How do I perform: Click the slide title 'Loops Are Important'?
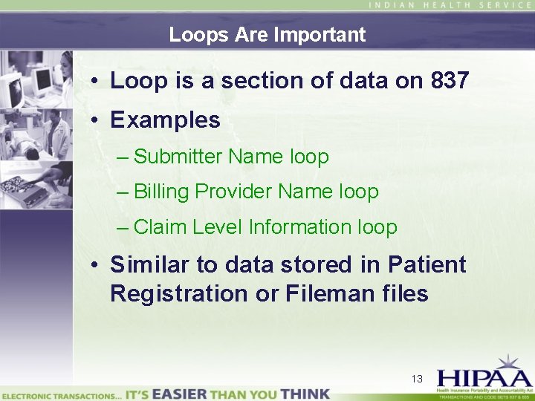(x=267, y=35)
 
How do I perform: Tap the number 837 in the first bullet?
(x=449, y=81)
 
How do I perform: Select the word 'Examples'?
(x=165, y=120)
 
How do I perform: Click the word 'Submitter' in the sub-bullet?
(x=178, y=157)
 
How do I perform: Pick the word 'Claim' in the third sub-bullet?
(x=160, y=227)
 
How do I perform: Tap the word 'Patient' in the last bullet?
(x=429, y=264)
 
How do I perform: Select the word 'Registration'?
(x=179, y=294)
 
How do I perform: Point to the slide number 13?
(x=417, y=379)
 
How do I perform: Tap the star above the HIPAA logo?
(x=508, y=362)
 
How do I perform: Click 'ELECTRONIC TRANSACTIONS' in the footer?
(x=60, y=396)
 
